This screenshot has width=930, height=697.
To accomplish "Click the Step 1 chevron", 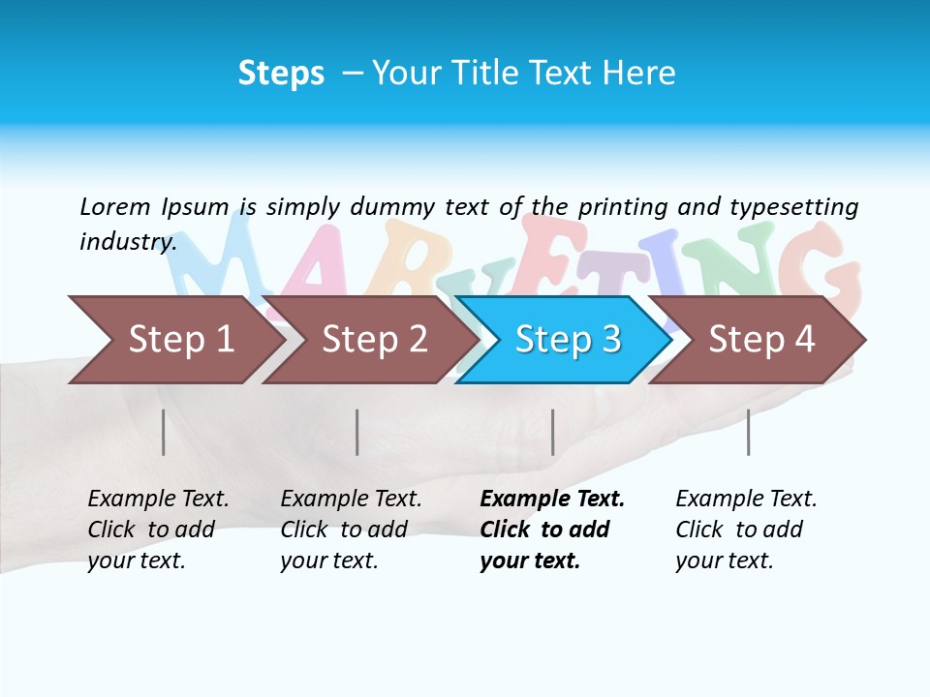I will click(180, 340).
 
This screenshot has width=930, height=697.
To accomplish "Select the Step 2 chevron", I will click(374, 340).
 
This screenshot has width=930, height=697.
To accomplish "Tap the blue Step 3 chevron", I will click(568, 340).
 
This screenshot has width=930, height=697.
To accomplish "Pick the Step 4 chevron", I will click(761, 340).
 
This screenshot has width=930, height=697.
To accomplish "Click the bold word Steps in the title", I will click(281, 74).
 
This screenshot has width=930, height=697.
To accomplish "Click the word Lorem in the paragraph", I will click(114, 206).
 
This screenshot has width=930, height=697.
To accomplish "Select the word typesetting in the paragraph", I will click(793, 206).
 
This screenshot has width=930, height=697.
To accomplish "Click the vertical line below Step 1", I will click(164, 432).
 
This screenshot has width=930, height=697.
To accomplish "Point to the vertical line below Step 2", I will click(357, 432).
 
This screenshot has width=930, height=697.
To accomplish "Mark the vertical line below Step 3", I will click(553, 432).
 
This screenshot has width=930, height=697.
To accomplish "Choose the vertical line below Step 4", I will click(749, 432).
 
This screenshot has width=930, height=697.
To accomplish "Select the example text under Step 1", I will click(157, 530).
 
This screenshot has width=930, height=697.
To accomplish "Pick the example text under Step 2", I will click(350, 530).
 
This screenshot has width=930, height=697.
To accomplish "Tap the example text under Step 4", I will click(745, 530).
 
